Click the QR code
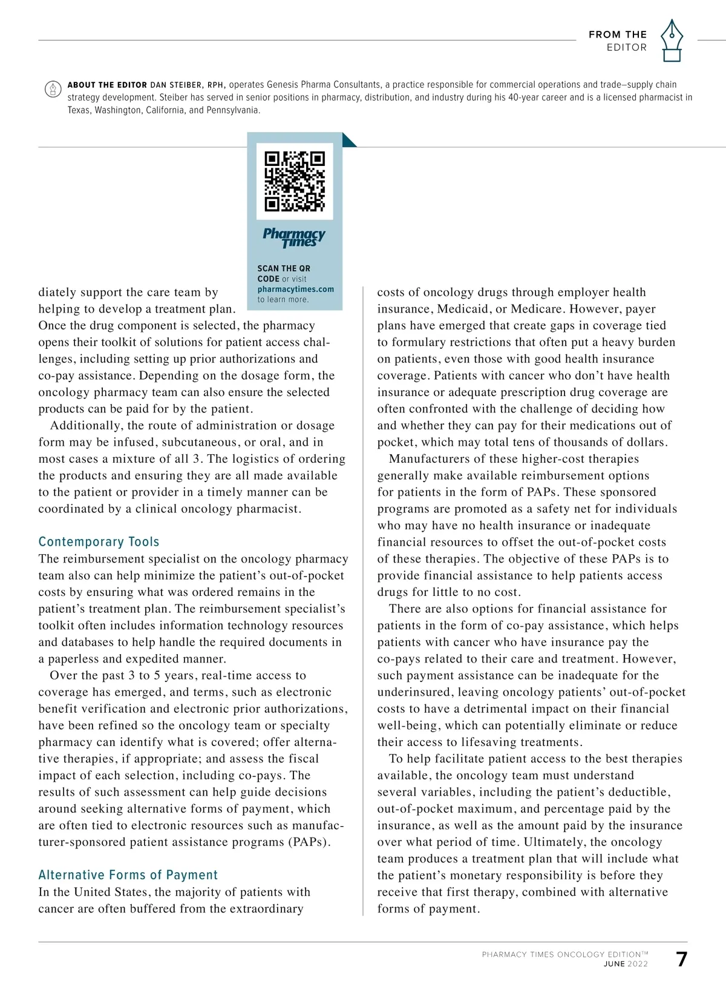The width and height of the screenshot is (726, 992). coord(295,181)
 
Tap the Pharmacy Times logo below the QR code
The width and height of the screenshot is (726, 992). coord(294,237)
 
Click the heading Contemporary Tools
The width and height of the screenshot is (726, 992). coord(99,541)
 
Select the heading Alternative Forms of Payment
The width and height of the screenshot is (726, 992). coord(128,875)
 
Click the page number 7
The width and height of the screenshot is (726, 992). coord(681,959)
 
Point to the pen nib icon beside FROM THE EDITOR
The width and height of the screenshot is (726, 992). coord(671,41)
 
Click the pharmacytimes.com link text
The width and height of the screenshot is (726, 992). coord(295,289)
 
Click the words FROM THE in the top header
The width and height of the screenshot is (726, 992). coord(617,35)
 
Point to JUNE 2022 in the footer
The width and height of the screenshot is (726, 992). coord(626,964)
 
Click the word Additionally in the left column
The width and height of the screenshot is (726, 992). coord(85,425)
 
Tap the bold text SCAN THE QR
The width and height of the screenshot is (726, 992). coord(284,268)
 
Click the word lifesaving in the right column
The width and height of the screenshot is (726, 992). coord(492,742)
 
